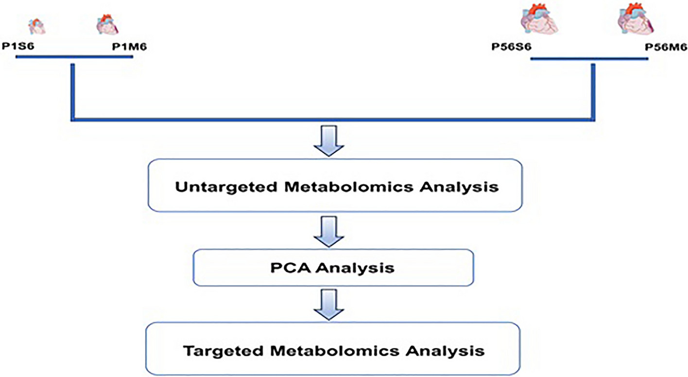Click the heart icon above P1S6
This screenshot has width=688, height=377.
coord(37,26)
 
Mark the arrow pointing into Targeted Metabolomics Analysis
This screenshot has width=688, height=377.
coord(329,305)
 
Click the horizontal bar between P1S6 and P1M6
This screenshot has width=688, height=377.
coord(74,57)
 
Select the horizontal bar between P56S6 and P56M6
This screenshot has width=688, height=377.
coord(588,59)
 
